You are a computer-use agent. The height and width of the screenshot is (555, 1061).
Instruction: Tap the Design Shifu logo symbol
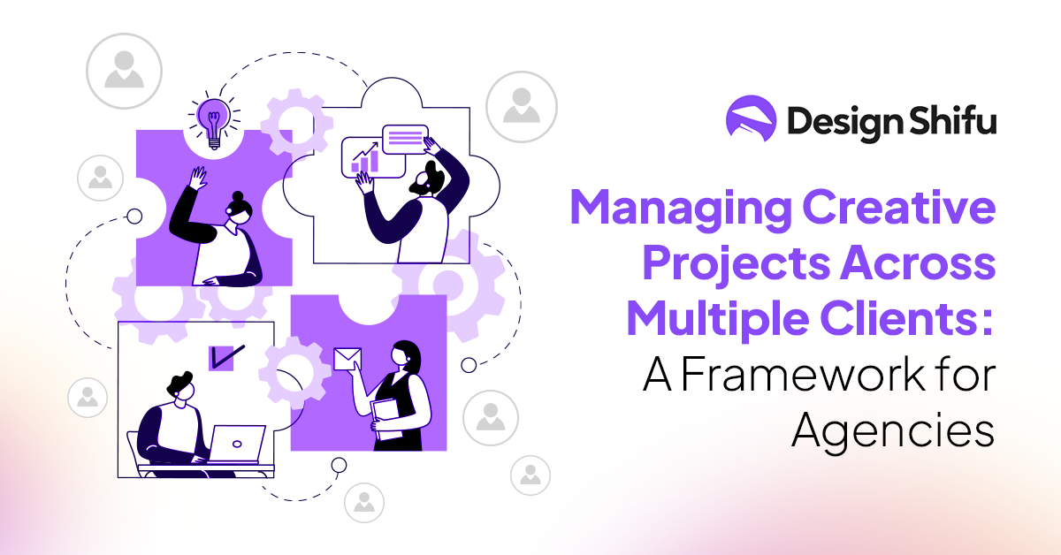pos(751,120)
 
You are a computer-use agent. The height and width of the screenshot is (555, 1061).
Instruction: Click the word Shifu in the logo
pos(950,121)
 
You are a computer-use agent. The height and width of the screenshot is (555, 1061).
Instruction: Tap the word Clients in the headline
pos(920,318)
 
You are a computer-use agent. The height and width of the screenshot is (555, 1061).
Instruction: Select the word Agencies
pos(893,433)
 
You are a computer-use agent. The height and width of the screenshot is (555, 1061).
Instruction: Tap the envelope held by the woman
pos(347,358)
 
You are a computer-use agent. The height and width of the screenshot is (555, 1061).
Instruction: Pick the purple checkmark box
pos(222,357)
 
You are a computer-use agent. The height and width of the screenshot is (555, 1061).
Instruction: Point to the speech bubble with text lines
pos(405,140)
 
